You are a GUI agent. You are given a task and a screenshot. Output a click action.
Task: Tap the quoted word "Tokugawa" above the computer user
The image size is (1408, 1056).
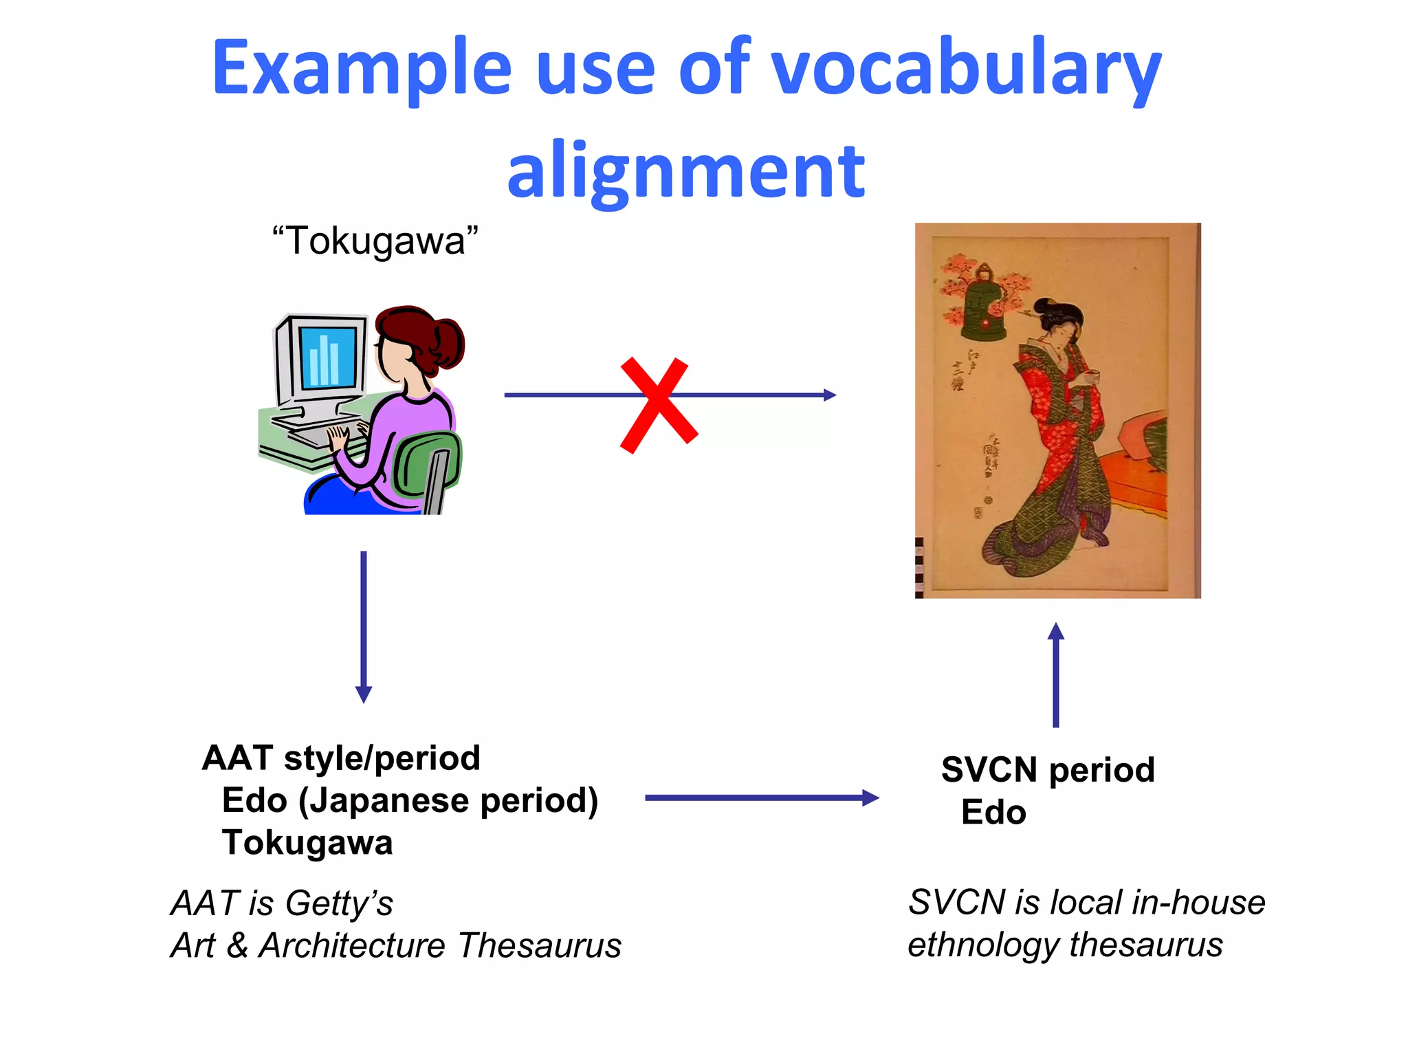click(x=375, y=241)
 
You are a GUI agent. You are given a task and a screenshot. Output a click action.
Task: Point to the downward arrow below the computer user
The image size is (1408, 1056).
click(x=364, y=626)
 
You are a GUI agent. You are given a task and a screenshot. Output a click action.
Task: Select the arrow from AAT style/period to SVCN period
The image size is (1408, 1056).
click(x=761, y=798)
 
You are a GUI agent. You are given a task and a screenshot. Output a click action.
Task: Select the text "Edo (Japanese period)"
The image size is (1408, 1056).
click(x=410, y=801)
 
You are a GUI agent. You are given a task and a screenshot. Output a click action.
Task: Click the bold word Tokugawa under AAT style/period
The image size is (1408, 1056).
click(x=307, y=843)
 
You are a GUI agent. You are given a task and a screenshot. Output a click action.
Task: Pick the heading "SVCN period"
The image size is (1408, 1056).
click(x=1048, y=770)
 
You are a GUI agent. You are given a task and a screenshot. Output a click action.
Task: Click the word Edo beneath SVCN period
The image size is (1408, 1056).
click(x=993, y=813)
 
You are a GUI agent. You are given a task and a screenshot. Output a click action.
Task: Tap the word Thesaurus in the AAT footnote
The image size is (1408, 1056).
click(x=540, y=945)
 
